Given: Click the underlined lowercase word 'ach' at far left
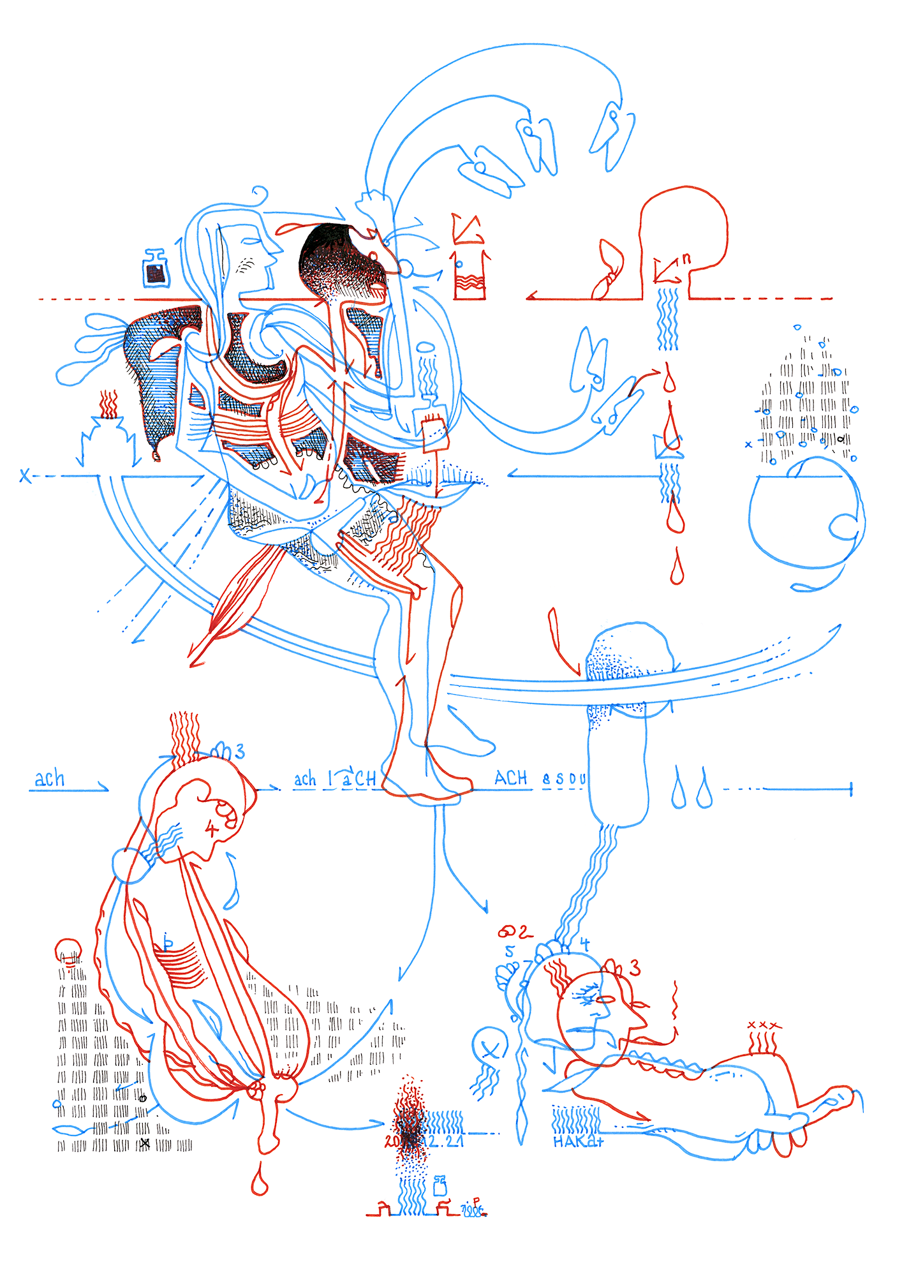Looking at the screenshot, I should tap(50, 779).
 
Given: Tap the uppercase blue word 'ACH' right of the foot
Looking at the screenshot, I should tap(511, 778).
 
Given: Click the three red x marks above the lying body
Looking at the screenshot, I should tap(764, 1025).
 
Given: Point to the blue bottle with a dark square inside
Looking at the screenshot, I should tap(154, 269).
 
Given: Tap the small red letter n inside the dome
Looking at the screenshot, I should tap(686, 258).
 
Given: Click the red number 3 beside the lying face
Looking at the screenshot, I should tap(635, 968).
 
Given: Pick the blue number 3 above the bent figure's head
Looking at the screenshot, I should tap(239, 752).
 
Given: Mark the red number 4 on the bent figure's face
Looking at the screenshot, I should tap(211, 829).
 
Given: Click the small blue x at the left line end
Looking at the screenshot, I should tap(25, 475).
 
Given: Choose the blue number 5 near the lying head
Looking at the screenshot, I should tap(509, 951).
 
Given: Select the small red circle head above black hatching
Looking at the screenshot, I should tap(68, 950).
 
